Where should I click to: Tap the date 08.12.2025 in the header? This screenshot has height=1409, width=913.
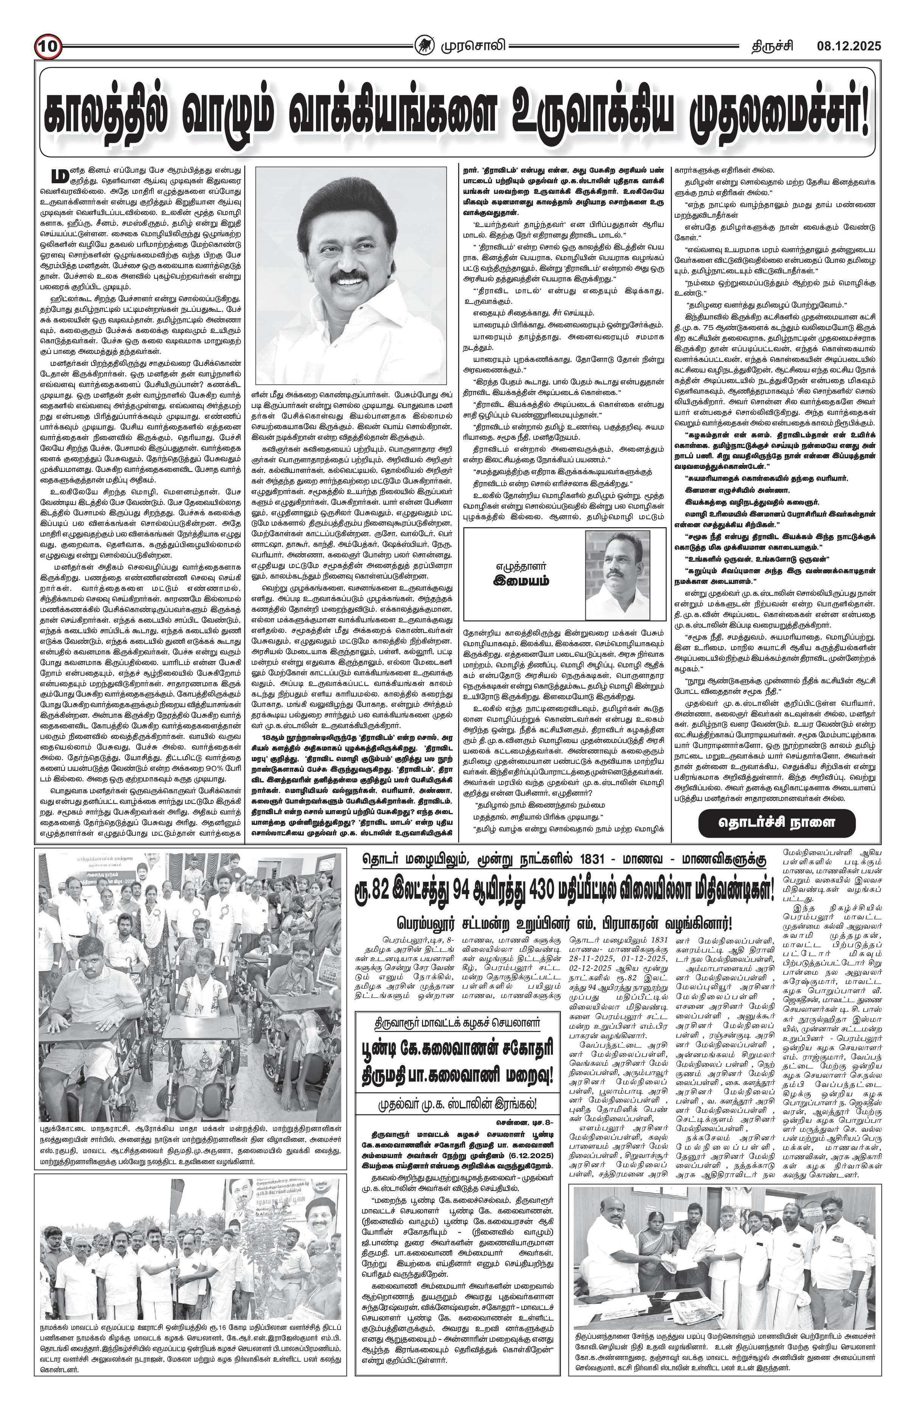click(x=849, y=45)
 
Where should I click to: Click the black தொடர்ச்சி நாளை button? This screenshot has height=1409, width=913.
click(x=776, y=822)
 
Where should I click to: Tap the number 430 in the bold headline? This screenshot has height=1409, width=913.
click(x=553, y=889)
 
